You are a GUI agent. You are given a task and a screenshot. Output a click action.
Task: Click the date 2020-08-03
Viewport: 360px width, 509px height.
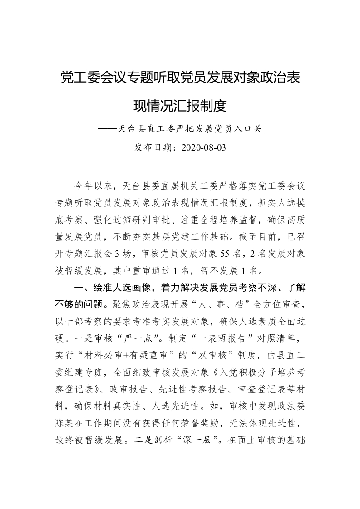[x=203, y=147]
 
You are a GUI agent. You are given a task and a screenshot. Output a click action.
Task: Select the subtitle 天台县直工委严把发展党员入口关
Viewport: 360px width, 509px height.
[x=190, y=128]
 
